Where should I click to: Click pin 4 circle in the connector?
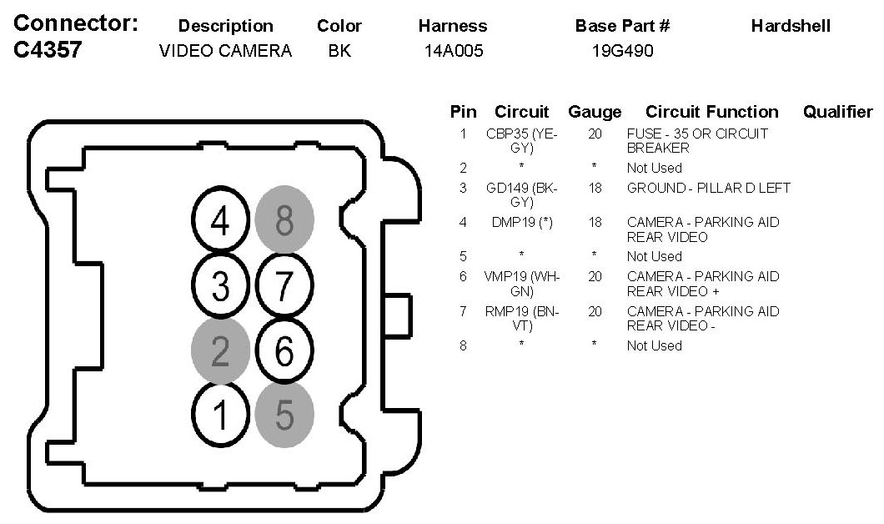[220, 222]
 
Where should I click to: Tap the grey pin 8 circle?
[284, 222]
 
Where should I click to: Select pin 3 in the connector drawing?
[220, 286]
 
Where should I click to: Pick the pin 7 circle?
[284, 286]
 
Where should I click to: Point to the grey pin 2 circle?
[220, 351]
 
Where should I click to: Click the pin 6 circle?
[284, 351]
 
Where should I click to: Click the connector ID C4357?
[48, 51]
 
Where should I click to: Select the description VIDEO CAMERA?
[225, 52]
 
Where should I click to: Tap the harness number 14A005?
[453, 52]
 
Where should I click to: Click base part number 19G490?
[622, 52]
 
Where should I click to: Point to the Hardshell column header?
[791, 26]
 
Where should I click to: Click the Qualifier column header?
[837, 112]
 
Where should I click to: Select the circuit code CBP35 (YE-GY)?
[522, 140]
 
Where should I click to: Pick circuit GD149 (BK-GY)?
[522, 194]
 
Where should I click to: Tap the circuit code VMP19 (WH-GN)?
[522, 284]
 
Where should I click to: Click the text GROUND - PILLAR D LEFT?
[708, 188]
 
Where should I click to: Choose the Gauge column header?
[595, 112]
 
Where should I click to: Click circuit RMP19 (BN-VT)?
[522, 319]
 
